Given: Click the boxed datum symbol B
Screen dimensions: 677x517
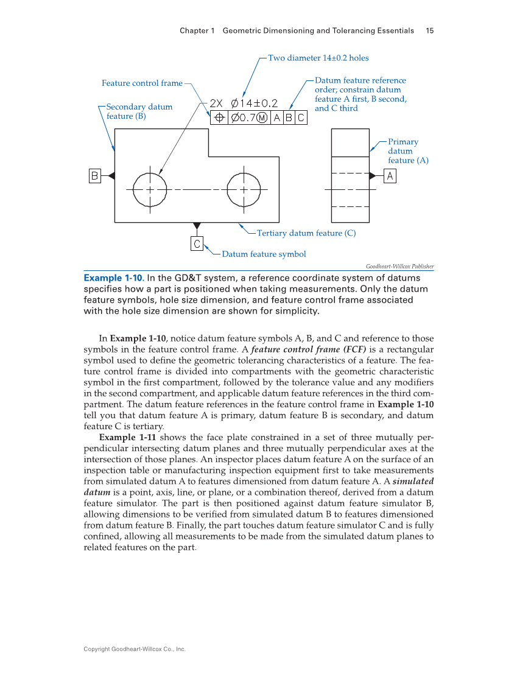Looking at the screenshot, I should [94, 175].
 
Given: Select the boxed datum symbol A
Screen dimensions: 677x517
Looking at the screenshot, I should [390, 176].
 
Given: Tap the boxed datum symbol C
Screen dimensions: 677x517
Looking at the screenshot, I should [196, 244].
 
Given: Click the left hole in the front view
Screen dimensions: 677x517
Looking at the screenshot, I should [149, 189].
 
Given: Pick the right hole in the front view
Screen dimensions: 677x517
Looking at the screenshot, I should [244, 189].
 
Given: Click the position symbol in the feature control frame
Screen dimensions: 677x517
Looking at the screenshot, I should [219, 118].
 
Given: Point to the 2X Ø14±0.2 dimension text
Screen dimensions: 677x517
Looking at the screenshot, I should [244, 103].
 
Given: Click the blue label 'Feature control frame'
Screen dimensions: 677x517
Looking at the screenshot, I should [142, 83].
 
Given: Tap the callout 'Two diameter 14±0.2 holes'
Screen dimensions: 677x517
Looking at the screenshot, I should [318, 58].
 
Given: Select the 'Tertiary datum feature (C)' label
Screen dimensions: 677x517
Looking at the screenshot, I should [306, 233].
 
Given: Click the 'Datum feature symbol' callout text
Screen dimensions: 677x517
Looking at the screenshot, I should [264, 254].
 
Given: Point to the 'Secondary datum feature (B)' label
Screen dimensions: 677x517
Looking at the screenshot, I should [139, 111].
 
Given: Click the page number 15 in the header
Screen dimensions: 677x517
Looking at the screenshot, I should [429, 30].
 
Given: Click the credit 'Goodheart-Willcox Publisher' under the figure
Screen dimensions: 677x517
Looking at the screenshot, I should [399, 266].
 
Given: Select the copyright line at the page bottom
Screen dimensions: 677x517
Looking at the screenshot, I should [134, 650].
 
